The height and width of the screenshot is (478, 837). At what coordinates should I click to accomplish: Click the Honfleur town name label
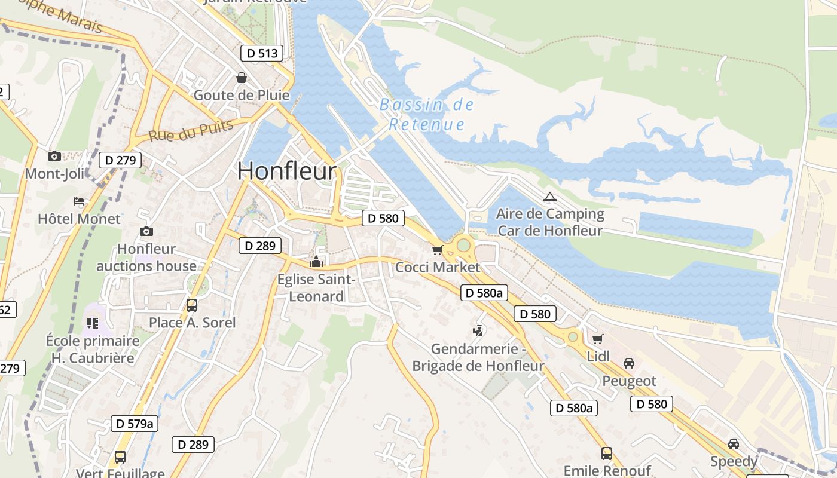pos(287,171)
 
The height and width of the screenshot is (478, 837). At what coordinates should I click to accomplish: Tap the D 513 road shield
pos(262,53)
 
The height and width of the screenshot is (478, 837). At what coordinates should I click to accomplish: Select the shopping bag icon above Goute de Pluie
pos(242,78)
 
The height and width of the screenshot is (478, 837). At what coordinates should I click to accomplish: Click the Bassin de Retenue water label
pos(427,115)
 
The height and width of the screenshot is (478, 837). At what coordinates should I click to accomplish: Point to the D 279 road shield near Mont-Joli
pos(122,160)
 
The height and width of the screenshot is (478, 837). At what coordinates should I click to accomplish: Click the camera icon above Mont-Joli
pos(54,156)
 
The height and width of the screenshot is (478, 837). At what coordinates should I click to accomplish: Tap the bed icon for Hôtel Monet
pos(79,201)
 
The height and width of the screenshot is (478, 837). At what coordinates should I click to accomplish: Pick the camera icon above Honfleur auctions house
pos(146,231)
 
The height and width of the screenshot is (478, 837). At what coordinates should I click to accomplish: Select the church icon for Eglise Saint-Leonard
pos(316,262)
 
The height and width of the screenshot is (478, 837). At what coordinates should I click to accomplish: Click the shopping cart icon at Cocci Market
pos(438,250)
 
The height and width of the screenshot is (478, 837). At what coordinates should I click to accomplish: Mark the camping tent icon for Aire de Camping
pos(549,196)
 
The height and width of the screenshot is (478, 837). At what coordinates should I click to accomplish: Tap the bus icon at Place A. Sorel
pos(192,305)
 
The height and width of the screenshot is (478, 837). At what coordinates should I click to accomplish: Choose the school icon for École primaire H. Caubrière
pos(93,323)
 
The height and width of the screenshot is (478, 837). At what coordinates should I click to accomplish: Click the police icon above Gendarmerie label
pos(478,330)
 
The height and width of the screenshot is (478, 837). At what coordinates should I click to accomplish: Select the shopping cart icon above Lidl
pos(597,339)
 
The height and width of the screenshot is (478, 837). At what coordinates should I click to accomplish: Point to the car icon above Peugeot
pos(629,363)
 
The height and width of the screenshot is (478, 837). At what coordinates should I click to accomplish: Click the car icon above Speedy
pos(734,444)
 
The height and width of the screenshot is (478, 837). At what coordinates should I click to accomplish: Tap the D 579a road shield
pos(135,424)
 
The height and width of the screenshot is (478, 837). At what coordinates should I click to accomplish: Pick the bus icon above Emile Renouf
pos(607,454)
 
